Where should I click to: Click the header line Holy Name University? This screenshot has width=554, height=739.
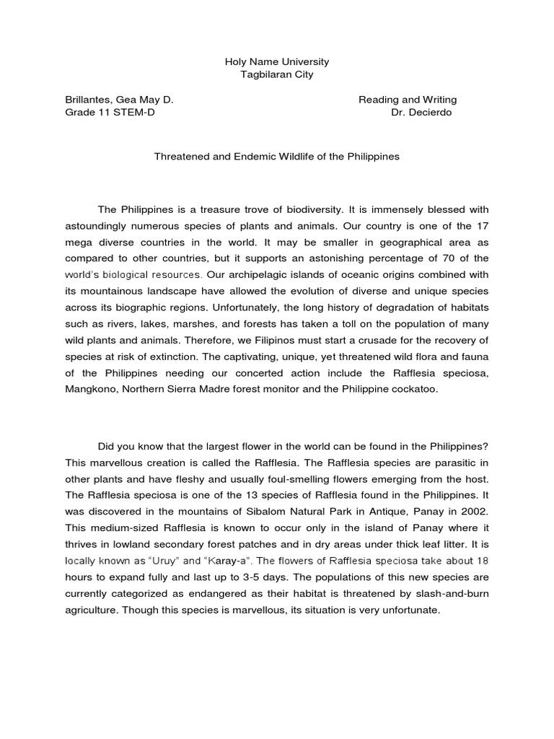(277, 63)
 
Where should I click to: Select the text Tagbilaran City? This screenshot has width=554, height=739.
(277, 74)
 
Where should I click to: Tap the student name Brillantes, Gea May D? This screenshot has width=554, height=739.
(119, 100)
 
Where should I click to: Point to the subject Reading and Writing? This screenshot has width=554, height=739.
(408, 100)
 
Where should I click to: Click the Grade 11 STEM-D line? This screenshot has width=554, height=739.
(110, 113)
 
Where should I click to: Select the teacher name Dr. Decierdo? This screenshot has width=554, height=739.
(421, 113)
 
